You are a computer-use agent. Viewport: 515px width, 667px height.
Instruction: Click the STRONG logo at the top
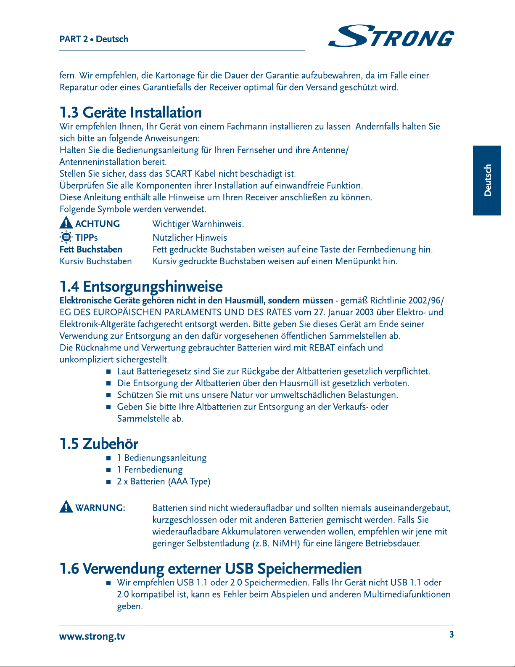tap(391, 36)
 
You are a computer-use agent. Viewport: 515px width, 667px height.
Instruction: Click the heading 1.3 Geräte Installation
tap(131, 113)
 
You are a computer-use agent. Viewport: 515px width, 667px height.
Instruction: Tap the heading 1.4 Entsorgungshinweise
tap(141, 287)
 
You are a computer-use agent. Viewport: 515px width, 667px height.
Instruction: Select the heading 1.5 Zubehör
tap(99, 444)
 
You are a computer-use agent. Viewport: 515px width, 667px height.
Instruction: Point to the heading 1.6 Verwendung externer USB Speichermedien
tap(211, 569)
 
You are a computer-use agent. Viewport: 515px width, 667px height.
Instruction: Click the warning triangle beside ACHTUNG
tap(66, 223)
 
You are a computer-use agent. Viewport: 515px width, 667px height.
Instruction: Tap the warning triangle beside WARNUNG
tap(66, 507)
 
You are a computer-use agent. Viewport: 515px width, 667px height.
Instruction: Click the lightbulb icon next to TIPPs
tap(66, 237)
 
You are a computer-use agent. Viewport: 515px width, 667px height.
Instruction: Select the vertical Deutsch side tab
tap(487, 180)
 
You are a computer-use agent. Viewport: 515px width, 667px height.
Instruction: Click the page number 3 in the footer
tap(452, 635)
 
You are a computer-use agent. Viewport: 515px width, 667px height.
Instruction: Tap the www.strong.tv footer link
tap(92, 636)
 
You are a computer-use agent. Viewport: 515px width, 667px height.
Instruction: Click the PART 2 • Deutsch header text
tap(94, 39)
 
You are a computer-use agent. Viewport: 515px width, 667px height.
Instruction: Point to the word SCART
tap(179, 174)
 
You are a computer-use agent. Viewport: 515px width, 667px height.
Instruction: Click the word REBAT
tap(322, 348)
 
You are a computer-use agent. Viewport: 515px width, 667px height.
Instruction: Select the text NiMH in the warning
tap(286, 543)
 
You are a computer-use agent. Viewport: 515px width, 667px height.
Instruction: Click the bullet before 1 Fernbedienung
tap(108, 470)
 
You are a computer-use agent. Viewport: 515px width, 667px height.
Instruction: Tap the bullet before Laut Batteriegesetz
tap(108, 372)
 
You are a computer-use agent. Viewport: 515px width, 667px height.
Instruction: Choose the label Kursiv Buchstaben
tap(96, 261)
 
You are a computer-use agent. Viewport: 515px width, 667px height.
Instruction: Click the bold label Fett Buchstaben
tap(91, 250)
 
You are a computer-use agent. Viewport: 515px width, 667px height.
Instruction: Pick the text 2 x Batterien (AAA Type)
tap(164, 481)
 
